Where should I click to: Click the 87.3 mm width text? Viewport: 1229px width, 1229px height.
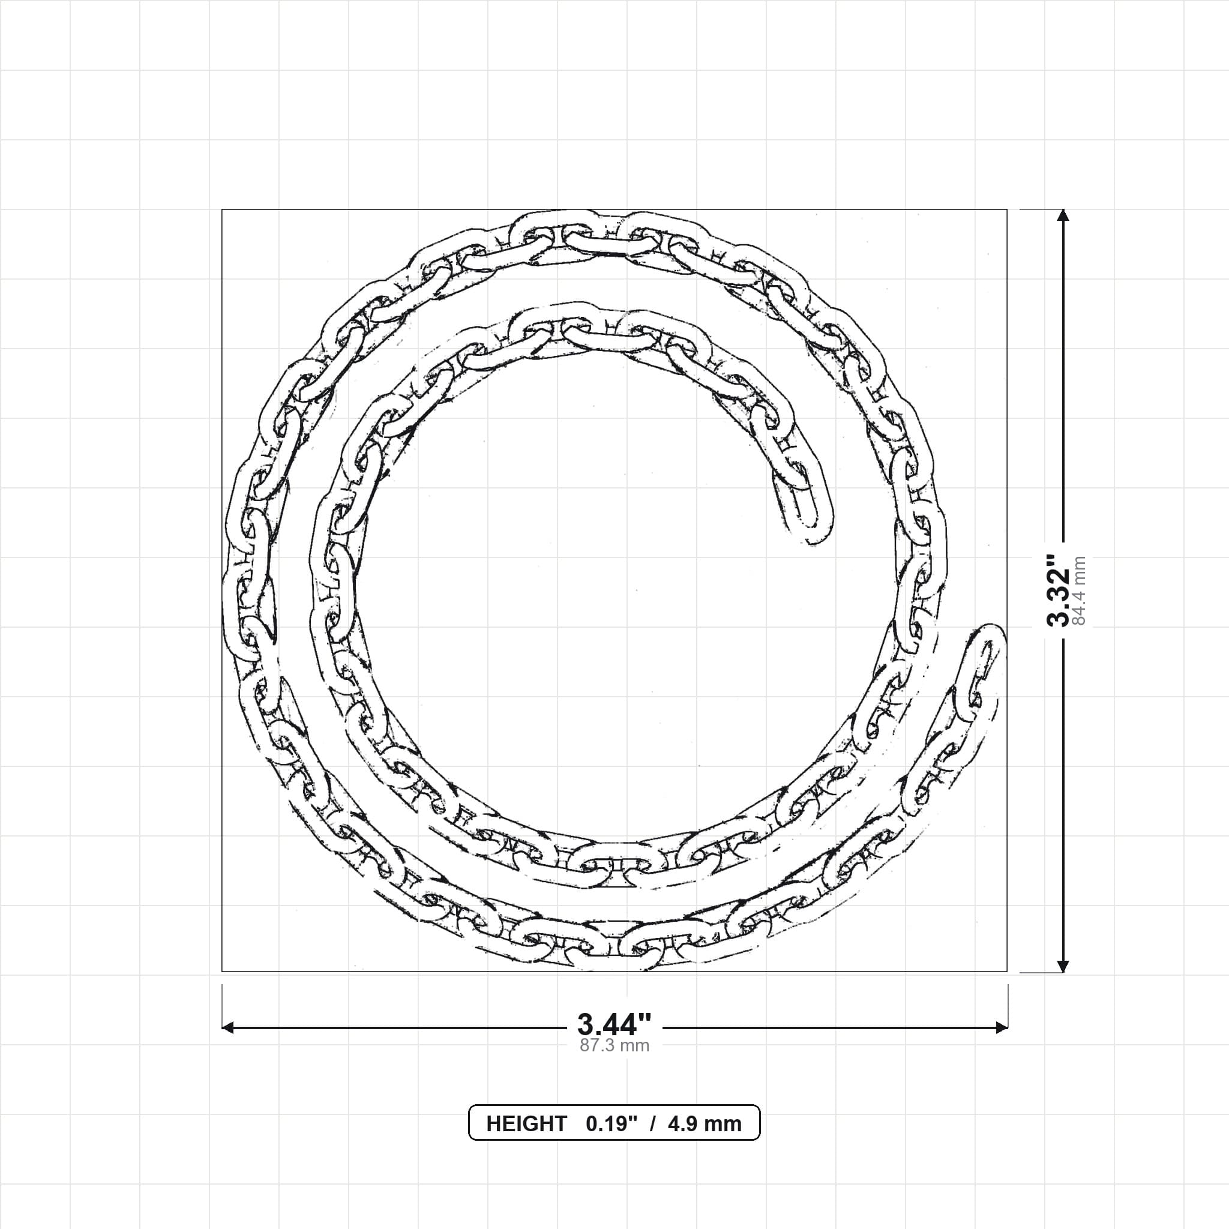(614, 1046)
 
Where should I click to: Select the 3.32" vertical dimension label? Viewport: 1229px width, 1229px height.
(1059, 590)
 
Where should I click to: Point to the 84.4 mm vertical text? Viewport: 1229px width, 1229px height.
(1079, 590)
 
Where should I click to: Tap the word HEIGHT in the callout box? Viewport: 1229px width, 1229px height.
(526, 1124)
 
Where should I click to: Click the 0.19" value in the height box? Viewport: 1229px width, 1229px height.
(611, 1124)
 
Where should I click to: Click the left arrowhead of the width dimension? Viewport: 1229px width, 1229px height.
(227, 1027)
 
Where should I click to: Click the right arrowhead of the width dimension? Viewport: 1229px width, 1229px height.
(1002, 1027)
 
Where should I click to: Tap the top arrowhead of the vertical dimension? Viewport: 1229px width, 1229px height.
(1062, 215)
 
